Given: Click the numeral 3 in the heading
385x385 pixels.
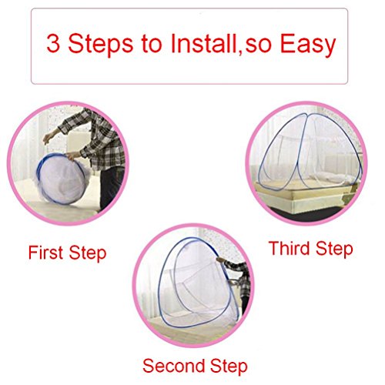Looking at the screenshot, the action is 53,44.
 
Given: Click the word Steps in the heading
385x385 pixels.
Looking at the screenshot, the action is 101,45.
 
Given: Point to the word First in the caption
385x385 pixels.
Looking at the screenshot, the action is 45,253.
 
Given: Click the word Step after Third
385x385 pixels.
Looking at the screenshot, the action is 334,249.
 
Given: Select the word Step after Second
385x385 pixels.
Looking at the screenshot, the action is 229,367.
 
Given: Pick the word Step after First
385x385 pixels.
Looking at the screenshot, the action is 88,254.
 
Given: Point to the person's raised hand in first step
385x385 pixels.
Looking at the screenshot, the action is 49,138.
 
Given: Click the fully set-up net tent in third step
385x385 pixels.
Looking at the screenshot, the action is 310,152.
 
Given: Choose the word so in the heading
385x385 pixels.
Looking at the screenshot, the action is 259,47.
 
